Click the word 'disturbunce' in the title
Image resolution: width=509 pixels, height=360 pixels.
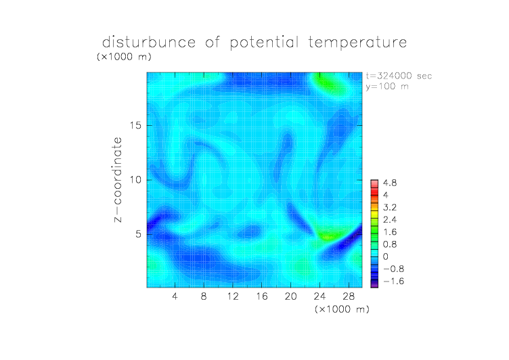[x=149, y=42]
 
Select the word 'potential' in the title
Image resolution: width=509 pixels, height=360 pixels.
[x=264, y=43]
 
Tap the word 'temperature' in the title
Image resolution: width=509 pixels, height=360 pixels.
[x=357, y=43]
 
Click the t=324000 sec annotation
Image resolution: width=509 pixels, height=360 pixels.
[x=399, y=76]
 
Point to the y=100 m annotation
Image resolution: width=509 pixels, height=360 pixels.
[x=387, y=87]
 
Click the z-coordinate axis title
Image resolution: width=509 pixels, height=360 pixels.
[x=118, y=179]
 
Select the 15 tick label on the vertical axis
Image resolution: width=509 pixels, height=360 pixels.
[x=135, y=125]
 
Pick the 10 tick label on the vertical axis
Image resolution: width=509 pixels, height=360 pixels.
[x=135, y=180]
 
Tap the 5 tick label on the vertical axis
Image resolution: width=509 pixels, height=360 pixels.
[x=139, y=234]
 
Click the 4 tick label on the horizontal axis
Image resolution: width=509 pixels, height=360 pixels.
[x=175, y=296]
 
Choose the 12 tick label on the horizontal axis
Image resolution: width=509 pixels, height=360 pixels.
[x=233, y=296]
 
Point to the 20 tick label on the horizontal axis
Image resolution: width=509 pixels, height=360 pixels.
[x=290, y=296]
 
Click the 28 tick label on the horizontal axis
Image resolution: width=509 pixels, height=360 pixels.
[x=349, y=296]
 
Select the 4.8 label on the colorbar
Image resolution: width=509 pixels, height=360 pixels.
[x=390, y=183]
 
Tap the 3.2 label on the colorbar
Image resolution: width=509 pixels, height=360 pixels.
[x=390, y=208]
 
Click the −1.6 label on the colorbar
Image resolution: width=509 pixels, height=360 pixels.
[x=394, y=281]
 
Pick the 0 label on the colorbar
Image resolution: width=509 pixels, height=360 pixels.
[x=386, y=256]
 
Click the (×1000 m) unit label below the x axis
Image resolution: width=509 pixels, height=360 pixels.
[x=342, y=309]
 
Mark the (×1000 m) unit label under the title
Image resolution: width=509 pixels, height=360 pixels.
[x=124, y=56]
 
